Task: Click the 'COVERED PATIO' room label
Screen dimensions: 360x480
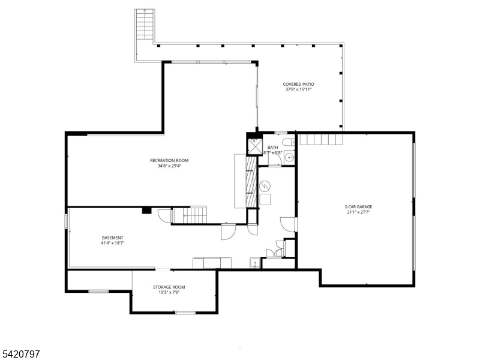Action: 298,84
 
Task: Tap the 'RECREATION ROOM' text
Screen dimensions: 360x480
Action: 169,160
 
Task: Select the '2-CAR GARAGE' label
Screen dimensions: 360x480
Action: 359,206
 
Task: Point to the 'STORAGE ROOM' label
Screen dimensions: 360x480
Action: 169,287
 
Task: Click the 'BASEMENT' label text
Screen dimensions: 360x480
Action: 112,238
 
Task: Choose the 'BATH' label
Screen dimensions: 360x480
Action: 273,148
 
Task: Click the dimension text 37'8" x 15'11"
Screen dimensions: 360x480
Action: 298,89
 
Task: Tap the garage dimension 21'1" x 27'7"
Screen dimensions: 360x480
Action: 359,212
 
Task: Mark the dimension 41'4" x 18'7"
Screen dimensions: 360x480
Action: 112,244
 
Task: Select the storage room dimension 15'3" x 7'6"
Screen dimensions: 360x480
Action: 169,292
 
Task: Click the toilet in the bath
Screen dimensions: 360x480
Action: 289,142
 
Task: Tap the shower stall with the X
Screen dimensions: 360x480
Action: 254,146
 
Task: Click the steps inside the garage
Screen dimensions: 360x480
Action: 321,140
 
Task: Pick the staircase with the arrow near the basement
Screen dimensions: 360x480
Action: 189,214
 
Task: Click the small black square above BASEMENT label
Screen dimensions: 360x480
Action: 146,211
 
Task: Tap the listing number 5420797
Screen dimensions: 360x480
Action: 20,355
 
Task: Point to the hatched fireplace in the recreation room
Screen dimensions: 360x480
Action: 251,182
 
